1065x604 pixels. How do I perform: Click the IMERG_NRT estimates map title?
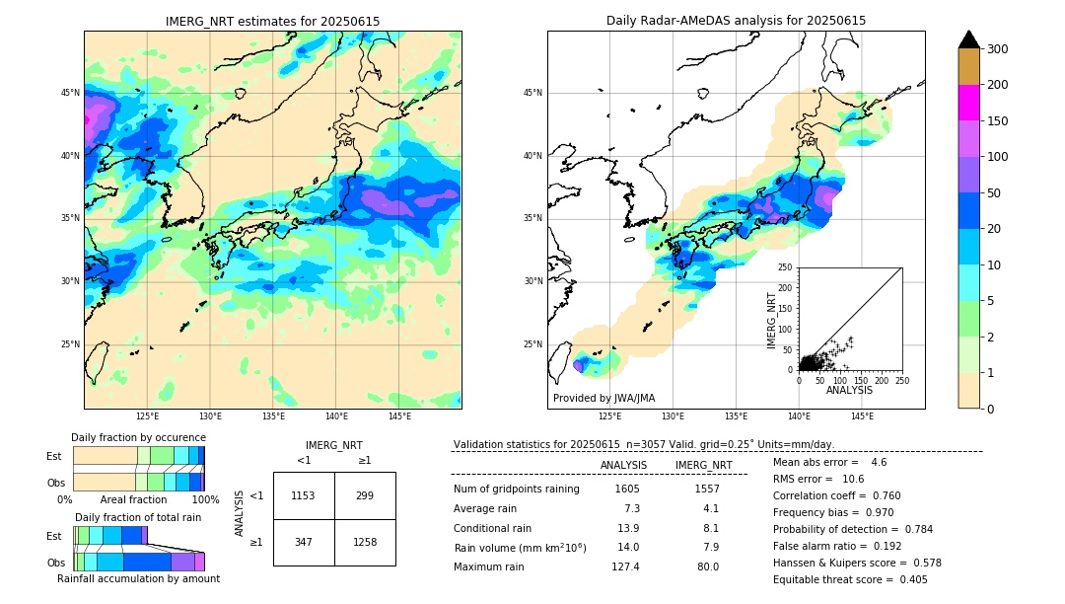point(272,21)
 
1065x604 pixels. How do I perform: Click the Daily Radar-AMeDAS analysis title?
point(736,21)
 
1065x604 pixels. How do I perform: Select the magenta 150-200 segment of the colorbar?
point(968,103)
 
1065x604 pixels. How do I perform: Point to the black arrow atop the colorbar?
point(968,39)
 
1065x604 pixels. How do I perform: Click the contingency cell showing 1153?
point(304,495)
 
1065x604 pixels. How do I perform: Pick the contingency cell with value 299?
point(365,495)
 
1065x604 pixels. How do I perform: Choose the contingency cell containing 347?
point(304,542)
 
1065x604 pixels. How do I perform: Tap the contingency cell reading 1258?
point(365,542)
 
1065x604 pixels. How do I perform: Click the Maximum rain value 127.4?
point(625,566)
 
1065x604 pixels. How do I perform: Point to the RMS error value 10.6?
point(853,479)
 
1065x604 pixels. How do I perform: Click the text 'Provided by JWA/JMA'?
point(603,398)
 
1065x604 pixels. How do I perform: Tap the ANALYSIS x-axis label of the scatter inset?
point(849,391)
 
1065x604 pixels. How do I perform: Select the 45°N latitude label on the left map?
point(70,93)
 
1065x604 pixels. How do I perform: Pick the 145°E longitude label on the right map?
point(862,416)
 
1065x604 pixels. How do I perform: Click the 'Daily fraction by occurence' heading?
point(138,437)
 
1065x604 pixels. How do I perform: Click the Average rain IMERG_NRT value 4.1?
point(710,508)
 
